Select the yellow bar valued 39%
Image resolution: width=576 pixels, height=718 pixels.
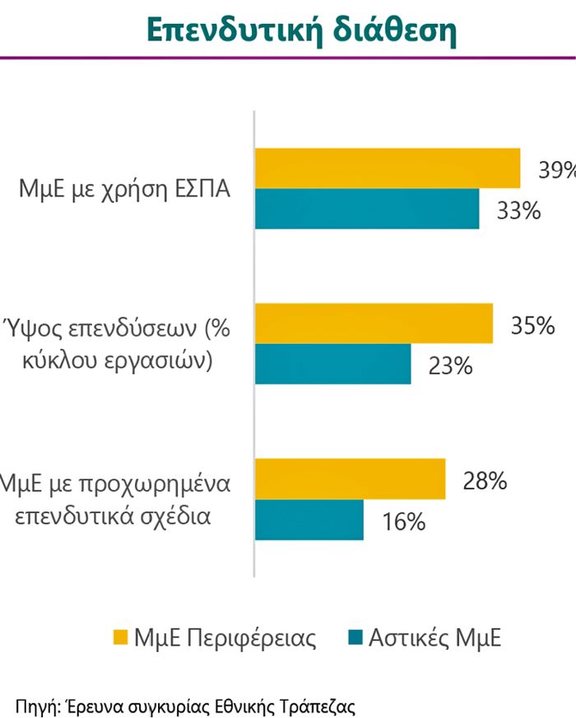(x=388, y=169)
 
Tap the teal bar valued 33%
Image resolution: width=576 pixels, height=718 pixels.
(x=367, y=209)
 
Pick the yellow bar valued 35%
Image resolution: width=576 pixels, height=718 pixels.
(x=374, y=323)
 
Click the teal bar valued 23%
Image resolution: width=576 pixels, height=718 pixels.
(x=333, y=364)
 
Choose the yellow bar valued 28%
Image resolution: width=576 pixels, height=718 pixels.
(x=350, y=479)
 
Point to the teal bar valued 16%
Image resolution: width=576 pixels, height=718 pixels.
(x=309, y=520)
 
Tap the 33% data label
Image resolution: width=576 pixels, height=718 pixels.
(x=518, y=211)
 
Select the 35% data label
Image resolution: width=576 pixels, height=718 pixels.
(x=532, y=326)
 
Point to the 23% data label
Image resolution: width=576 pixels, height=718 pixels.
(x=450, y=366)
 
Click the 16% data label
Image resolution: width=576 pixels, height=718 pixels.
(x=402, y=521)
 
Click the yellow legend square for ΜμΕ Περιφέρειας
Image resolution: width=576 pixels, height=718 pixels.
(x=120, y=638)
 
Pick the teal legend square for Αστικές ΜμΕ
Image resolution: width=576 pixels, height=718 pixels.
(x=355, y=638)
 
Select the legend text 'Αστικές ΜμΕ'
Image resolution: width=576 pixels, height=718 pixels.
(x=434, y=639)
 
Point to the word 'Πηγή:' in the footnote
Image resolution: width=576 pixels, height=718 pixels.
(x=38, y=705)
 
